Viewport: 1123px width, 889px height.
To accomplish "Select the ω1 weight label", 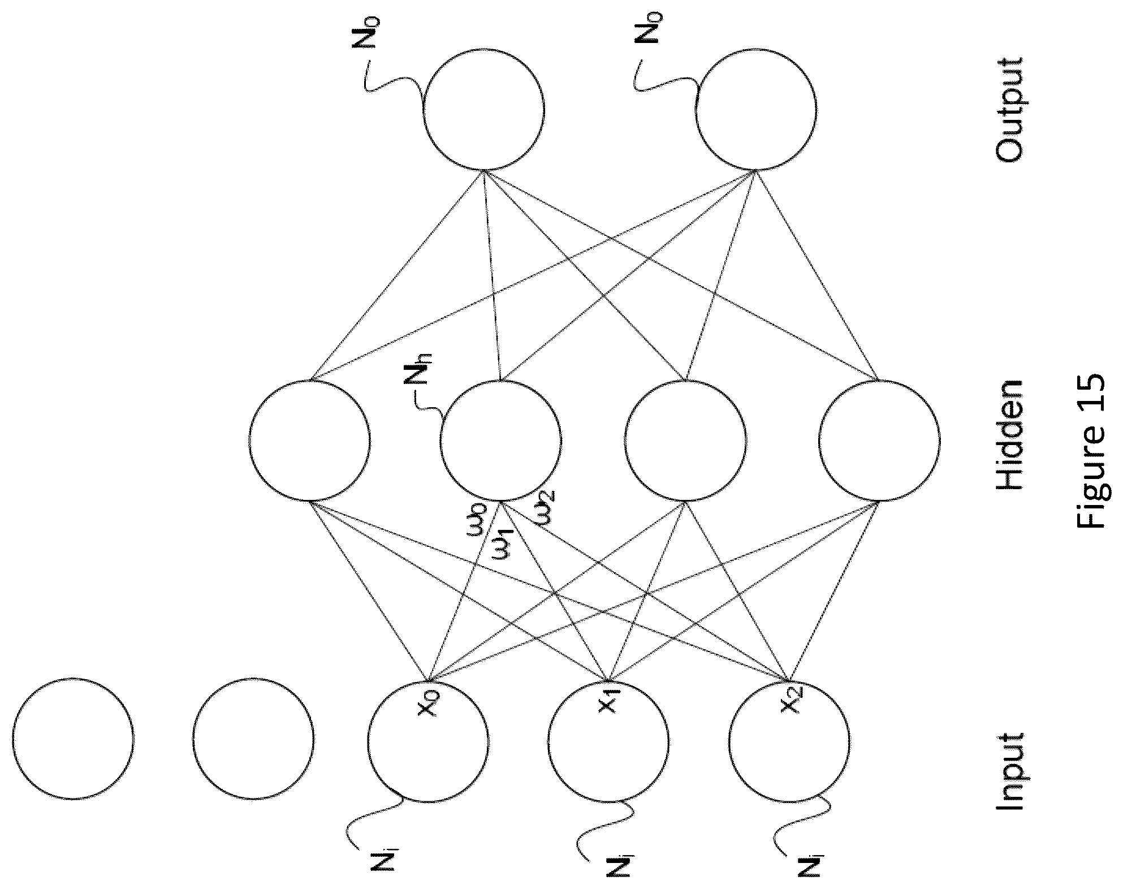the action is [x=502, y=543].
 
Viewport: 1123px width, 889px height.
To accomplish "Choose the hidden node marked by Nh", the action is [x=501, y=440].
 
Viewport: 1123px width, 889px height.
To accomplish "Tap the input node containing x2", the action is [x=790, y=740].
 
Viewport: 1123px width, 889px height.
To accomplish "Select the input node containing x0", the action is [x=429, y=740].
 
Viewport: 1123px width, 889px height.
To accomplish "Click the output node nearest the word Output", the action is [x=756, y=108].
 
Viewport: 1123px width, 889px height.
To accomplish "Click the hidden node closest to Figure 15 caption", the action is [x=879, y=440].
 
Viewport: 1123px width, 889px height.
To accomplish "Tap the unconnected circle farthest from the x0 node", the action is [x=73, y=739].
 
